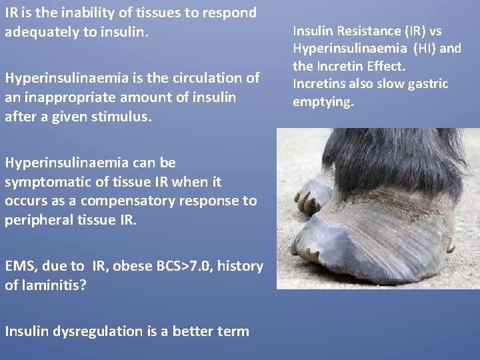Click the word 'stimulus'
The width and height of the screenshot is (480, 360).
point(126,117)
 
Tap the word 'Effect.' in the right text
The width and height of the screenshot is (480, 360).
point(387,67)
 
